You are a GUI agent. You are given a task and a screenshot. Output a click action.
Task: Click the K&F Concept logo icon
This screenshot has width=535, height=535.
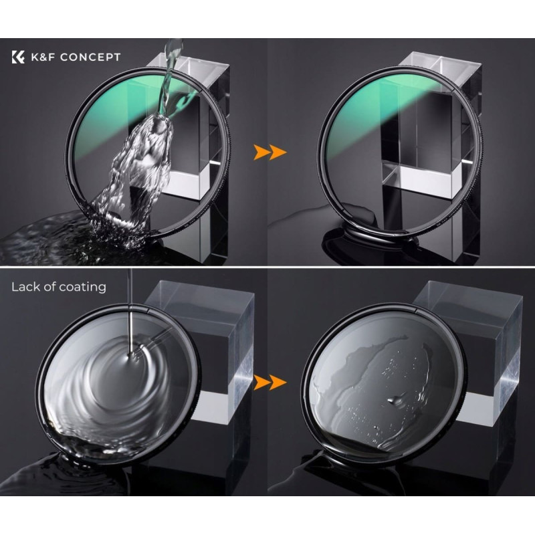pos(18,57)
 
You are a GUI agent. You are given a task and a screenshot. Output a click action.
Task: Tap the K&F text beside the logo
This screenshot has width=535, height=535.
pos(43,57)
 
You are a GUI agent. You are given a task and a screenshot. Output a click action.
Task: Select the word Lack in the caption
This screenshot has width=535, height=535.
pos(25,287)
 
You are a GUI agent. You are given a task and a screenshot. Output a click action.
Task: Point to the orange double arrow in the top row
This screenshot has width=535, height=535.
pos(270,152)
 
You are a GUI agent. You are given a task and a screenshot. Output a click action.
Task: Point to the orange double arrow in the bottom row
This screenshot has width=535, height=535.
pos(270,382)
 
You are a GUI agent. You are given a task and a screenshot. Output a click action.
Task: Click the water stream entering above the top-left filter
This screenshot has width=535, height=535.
pos(171,68)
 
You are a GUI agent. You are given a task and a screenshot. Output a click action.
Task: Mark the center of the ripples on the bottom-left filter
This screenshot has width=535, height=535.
pos(130,356)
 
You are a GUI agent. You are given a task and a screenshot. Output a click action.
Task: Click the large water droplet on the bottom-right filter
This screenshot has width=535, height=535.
pos(395,400)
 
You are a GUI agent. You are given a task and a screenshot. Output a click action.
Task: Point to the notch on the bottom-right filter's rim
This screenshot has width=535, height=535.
pos(417,310)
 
